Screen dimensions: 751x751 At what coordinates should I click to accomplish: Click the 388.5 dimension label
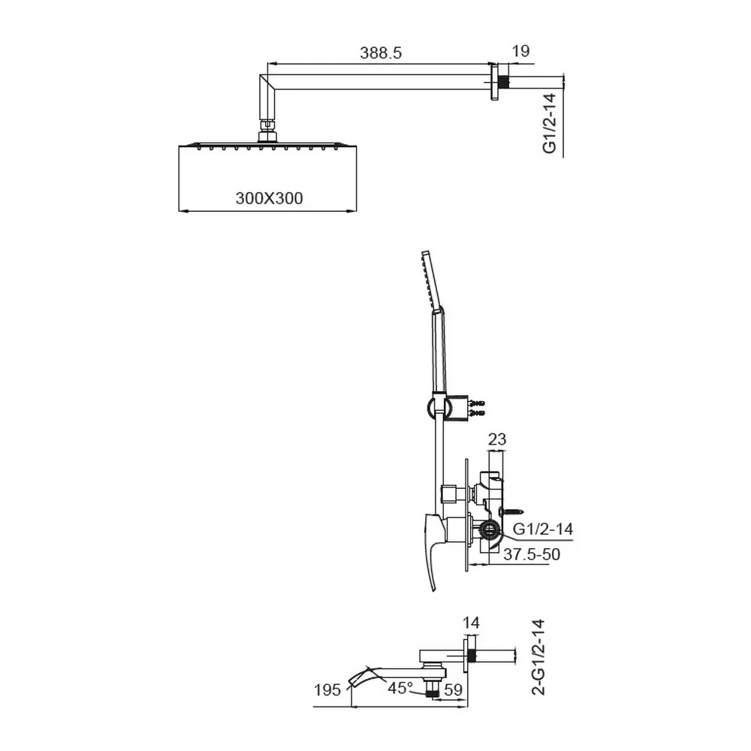coord(381,53)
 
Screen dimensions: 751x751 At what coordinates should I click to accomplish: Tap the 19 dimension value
coord(520,51)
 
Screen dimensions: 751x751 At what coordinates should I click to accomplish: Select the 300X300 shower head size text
coord(269,198)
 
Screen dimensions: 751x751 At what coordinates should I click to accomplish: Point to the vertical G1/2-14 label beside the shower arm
coord(550,123)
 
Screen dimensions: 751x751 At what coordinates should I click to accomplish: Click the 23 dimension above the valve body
coord(496,439)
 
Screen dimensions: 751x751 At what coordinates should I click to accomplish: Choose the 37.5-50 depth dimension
coord(532,554)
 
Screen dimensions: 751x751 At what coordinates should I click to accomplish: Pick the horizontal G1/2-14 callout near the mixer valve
coord(543,529)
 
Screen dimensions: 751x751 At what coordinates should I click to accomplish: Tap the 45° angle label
coord(400,688)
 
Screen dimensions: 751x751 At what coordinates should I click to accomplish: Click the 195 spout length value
coord(327,690)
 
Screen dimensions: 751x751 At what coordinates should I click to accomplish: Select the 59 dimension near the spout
coord(453,689)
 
